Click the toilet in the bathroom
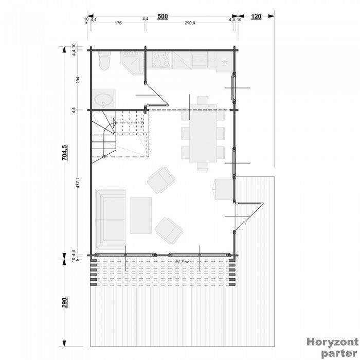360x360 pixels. tap(104, 61)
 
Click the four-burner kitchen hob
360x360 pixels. tap(161, 61)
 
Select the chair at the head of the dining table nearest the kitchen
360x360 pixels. tap(203, 100)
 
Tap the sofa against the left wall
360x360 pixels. tap(110, 219)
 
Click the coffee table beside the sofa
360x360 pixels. tap(141, 215)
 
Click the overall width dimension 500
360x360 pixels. tap(163, 16)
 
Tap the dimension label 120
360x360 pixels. tap(256, 16)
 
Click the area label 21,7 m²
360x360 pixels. tap(183, 262)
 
